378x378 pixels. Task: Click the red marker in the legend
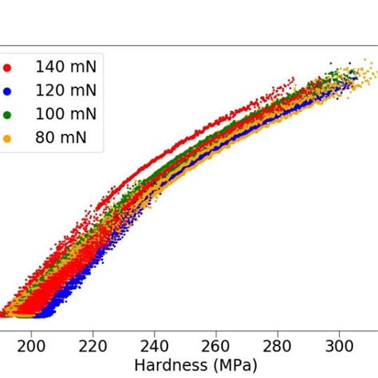coord(8,68)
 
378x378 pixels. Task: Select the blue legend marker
coord(8,92)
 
